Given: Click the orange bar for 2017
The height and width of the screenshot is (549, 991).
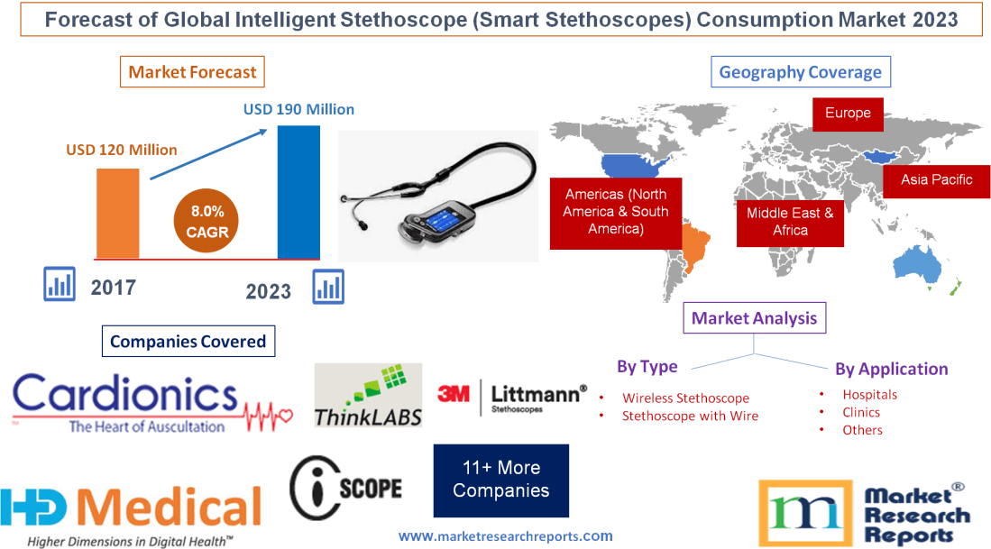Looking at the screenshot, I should (x=118, y=213).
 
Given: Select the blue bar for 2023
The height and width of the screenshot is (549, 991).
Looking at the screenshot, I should (x=298, y=192).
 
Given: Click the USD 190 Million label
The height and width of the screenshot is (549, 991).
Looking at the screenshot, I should (x=298, y=109).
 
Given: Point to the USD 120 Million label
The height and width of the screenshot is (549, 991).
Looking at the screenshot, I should (x=122, y=150).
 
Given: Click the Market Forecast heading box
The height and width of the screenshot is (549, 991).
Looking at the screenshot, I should (x=192, y=72).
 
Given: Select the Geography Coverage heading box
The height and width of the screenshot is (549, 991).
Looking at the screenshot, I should (x=800, y=72).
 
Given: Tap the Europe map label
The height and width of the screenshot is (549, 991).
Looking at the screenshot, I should (x=848, y=114).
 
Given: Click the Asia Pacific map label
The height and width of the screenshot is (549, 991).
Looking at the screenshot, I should (x=936, y=179).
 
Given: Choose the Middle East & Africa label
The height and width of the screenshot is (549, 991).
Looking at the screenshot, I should (x=790, y=222).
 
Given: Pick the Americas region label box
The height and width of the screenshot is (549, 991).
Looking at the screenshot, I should (x=615, y=212).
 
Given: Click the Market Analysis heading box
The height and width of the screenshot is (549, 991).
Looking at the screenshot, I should (x=754, y=317).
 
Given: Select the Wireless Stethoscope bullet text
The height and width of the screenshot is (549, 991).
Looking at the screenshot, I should (x=685, y=398).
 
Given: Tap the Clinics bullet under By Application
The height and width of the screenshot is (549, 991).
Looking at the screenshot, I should (x=861, y=412).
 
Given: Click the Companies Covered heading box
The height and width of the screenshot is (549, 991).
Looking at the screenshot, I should (x=188, y=342).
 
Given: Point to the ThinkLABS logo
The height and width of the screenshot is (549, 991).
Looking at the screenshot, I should (x=368, y=395).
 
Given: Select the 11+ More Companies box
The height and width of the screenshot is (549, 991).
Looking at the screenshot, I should (x=500, y=480).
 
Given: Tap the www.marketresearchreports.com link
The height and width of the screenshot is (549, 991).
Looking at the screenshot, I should (x=505, y=535).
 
